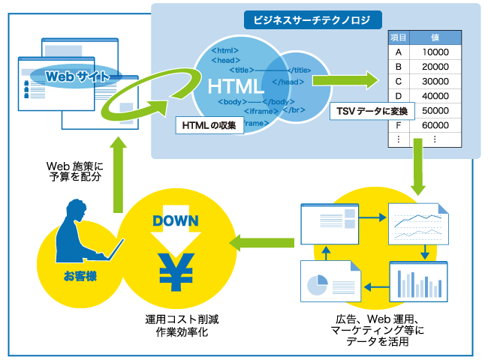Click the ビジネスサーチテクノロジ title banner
[313, 20]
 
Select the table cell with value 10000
[435, 52]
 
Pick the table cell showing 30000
[435, 81]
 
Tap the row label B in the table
[399, 67]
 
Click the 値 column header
[435, 37]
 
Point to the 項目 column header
[399, 37]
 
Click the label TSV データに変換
[372, 111]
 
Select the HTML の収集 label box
[209, 125]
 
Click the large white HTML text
[235, 86]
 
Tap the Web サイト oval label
[76, 76]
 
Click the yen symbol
[176, 271]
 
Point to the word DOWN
[176, 220]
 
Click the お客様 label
[80, 276]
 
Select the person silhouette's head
[77, 209]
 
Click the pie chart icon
[317, 284]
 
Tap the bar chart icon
[419, 282]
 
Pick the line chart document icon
[419, 223]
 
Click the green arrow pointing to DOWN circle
[261, 243]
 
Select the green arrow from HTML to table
[345, 80]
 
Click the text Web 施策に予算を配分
[75, 171]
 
